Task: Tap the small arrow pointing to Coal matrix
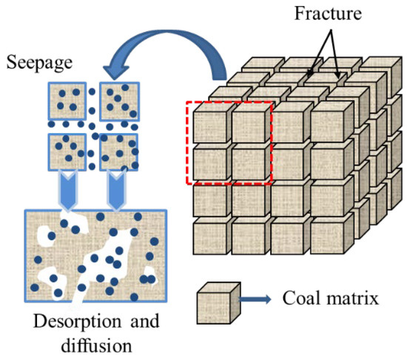pyautogui.click(x=258, y=300)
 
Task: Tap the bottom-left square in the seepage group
pyautogui.click(x=69, y=152)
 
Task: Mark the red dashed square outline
pyautogui.click(x=186, y=144)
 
